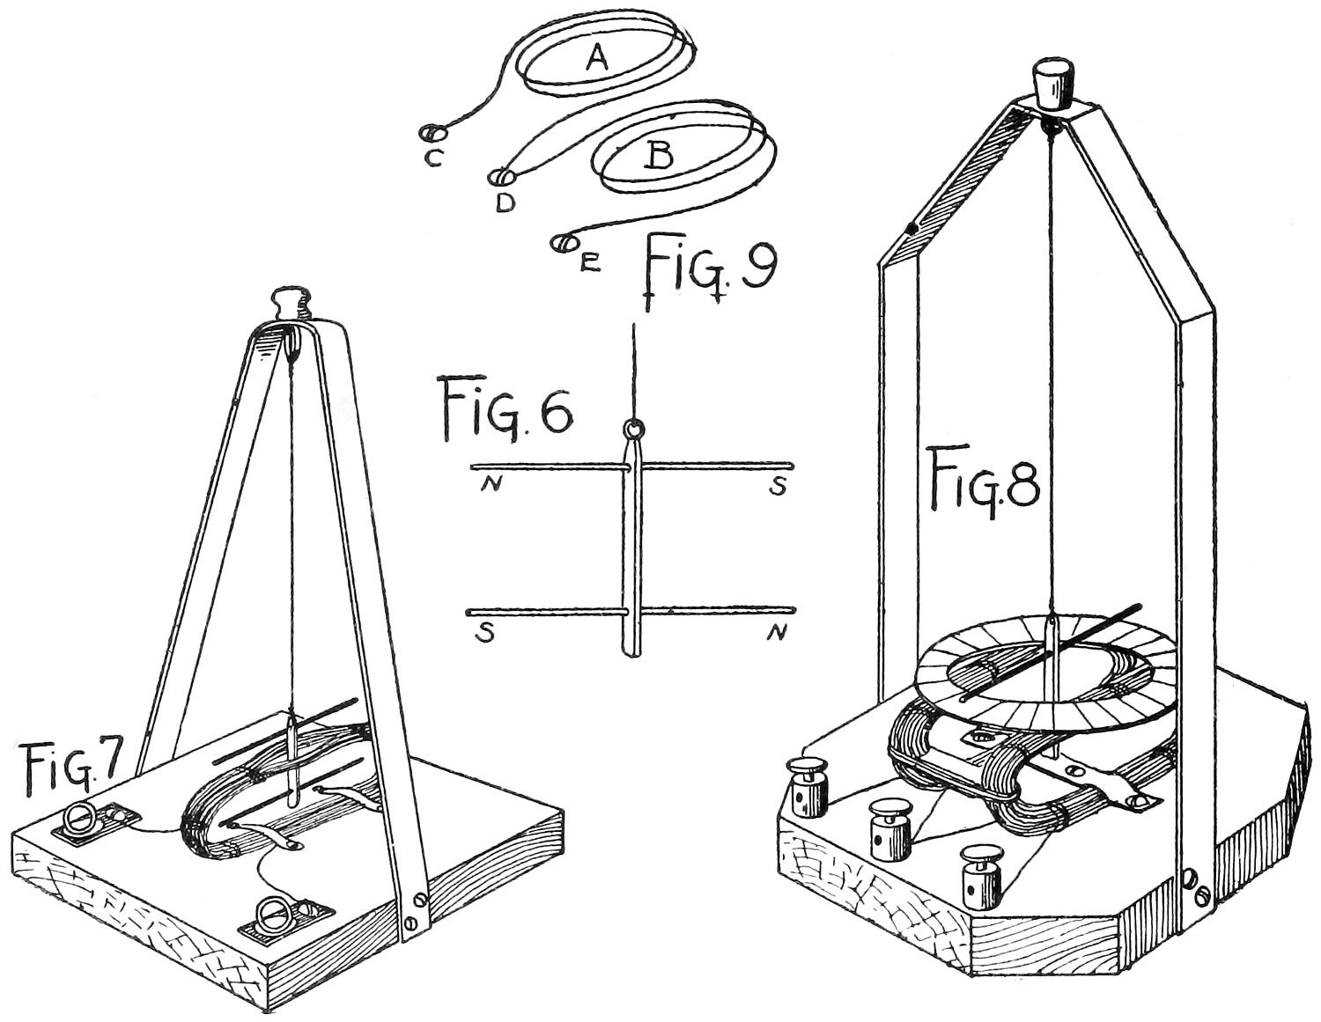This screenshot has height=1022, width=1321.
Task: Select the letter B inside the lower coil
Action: [659, 157]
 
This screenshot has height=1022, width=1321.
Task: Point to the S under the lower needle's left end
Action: [484, 632]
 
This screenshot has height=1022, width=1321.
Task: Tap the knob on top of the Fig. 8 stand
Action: [1052, 81]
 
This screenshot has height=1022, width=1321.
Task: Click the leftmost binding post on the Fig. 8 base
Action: [806, 790]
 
